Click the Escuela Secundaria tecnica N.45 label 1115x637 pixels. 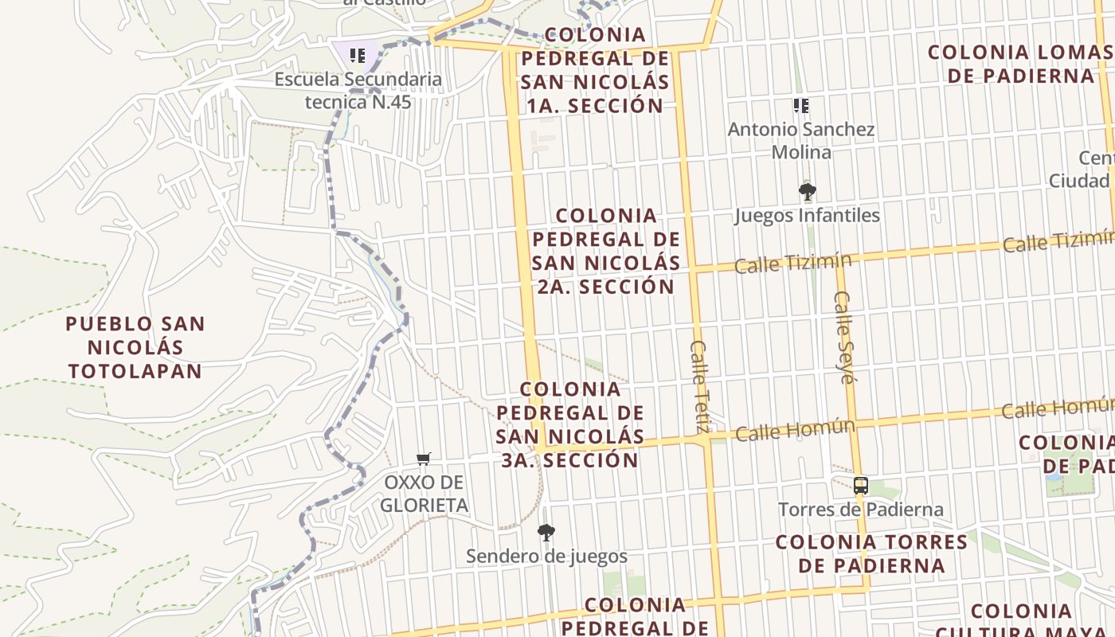pyautogui.click(x=358, y=91)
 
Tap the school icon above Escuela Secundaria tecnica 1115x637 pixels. pyautogui.click(x=358, y=55)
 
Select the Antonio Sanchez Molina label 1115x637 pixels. pyautogui.click(x=801, y=140)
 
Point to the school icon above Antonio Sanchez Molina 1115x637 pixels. pyautogui.click(x=801, y=105)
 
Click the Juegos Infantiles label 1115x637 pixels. pyautogui.click(x=807, y=215)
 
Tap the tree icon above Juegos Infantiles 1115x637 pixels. pyautogui.click(x=807, y=191)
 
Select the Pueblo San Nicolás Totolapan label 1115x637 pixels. pyautogui.click(x=135, y=347)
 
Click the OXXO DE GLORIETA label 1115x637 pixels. pyautogui.click(x=424, y=494)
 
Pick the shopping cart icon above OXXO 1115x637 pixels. pyautogui.click(x=424, y=459)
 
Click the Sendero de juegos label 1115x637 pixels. pyautogui.click(x=546, y=556)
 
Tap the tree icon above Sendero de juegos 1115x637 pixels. pyautogui.click(x=546, y=532)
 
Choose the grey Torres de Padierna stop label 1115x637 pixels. pyautogui.click(x=860, y=510)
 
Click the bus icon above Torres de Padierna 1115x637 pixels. pyautogui.click(x=860, y=486)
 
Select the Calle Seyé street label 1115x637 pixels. pyautogui.click(x=844, y=337)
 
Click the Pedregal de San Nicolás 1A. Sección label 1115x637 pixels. pyautogui.click(x=596, y=70)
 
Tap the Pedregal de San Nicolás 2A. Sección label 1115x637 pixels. pyautogui.click(x=606, y=251)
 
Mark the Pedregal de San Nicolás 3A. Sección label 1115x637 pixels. pyautogui.click(x=570, y=424)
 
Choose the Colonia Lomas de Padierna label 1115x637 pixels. pyautogui.click(x=1019, y=64)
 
